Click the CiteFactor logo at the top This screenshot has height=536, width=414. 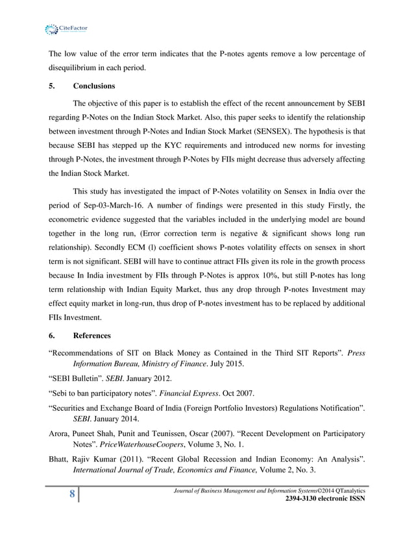click(63, 29)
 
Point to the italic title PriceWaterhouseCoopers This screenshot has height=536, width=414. click(140, 446)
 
